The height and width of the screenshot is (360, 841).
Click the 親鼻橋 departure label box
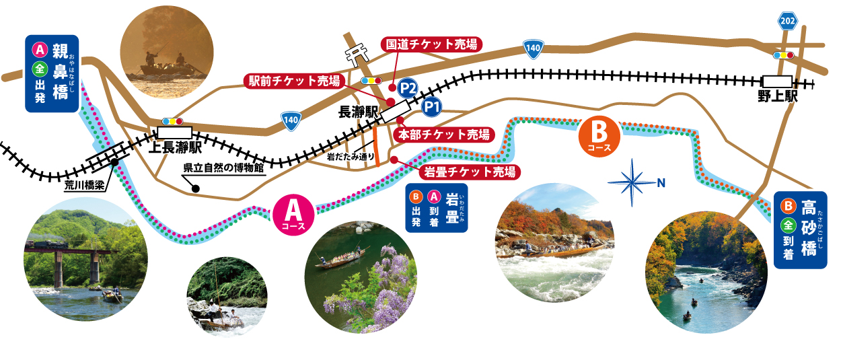[51, 73]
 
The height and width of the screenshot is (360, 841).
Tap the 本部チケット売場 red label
[444, 134]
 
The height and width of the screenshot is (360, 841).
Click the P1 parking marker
[432, 106]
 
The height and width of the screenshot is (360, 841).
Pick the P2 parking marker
[408, 87]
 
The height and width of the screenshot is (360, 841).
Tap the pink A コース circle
[292, 214]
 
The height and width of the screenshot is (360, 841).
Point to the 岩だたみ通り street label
[351, 156]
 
